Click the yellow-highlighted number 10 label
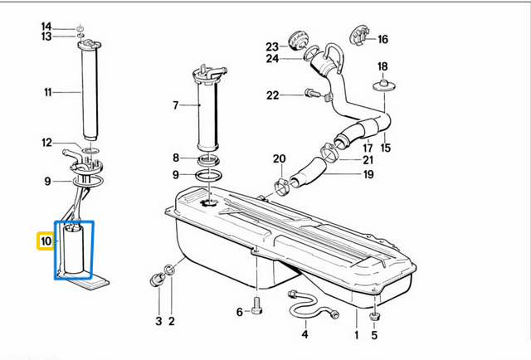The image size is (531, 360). point(45,241)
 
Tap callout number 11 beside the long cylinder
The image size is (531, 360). point(48,92)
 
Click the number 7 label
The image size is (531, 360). point(175,105)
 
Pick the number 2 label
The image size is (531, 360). point(172,320)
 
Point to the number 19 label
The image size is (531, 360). point(368,174)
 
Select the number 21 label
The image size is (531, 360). point(368,159)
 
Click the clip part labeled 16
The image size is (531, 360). point(358,35)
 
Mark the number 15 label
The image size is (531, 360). point(385,148)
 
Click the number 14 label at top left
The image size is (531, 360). point(46,26)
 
